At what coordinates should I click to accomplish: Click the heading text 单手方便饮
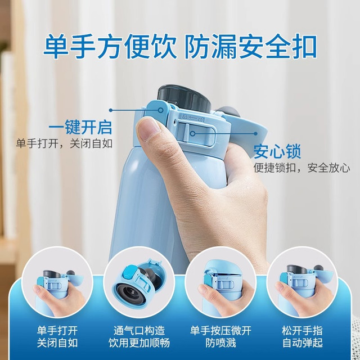click(x=110, y=47)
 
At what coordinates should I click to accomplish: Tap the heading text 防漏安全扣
click(x=251, y=47)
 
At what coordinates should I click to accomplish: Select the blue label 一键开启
click(x=80, y=127)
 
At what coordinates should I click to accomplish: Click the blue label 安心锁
click(x=277, y=151)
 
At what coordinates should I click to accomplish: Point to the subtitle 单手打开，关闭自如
click(x=64, y=144)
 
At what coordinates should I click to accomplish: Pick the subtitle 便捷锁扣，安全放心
click(x=302, y=168)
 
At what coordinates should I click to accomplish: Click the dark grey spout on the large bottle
click(x=184, y=99)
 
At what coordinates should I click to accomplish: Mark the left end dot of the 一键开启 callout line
click(x=111, y=110)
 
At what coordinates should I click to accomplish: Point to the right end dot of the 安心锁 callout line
click(x=255, y=133)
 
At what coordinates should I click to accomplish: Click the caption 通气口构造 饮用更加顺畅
click(x=139, y=337)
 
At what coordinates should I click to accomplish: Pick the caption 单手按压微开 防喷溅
click(x=220, y=337)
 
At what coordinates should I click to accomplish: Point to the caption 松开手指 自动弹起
click(x=303, y=337)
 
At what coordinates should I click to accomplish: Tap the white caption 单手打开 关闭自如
click(x=57, y=337)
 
